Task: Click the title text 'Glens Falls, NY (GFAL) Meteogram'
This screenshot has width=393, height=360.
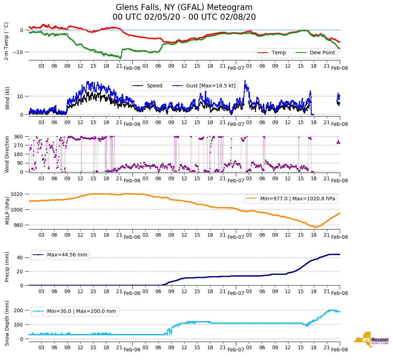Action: click(184, 8)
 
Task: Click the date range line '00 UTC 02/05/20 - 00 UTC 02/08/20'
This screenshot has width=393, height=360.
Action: click(184, 17)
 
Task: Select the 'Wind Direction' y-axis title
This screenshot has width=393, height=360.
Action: click(7, 154)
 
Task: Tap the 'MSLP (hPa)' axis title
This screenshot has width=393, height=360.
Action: click(7, 209)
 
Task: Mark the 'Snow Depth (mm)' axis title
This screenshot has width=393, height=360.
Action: click(7, 323)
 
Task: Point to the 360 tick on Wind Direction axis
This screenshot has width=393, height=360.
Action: click(19, 137)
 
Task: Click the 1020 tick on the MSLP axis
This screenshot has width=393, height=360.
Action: click(18, 194)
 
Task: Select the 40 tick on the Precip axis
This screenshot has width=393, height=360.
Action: click(20, 258)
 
